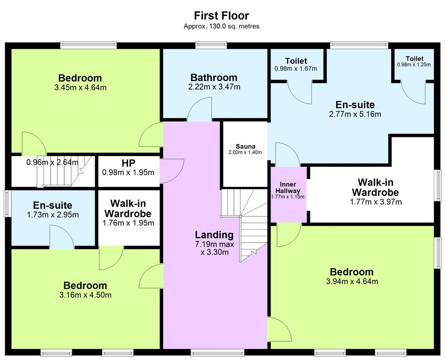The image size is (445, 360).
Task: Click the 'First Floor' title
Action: [x=221, y=15]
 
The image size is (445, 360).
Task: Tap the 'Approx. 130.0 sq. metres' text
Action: [x=221, y=26]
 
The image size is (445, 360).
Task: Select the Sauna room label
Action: [x=246, y=146]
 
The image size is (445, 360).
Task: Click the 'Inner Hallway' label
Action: [x=288, y=187]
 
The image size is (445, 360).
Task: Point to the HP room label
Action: [x=128, y=163]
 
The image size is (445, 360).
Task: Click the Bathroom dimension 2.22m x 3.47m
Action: [x=214, y=87]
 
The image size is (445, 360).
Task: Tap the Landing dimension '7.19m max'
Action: [x=215, y=244]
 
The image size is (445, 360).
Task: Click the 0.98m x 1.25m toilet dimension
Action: [x=414, y=64]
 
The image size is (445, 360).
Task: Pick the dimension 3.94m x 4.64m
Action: [x=352, y=281]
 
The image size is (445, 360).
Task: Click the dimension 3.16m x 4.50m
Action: [x=85, y=295]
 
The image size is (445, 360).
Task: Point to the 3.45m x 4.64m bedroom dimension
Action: [x=81, y=88]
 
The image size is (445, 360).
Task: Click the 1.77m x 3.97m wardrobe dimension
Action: [x=376, y=202]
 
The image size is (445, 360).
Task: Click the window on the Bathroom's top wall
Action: [x=211, y=45]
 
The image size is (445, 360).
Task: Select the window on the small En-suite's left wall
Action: [x=7, y=204]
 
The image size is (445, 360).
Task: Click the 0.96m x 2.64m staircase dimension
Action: [x=52, y=163]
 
